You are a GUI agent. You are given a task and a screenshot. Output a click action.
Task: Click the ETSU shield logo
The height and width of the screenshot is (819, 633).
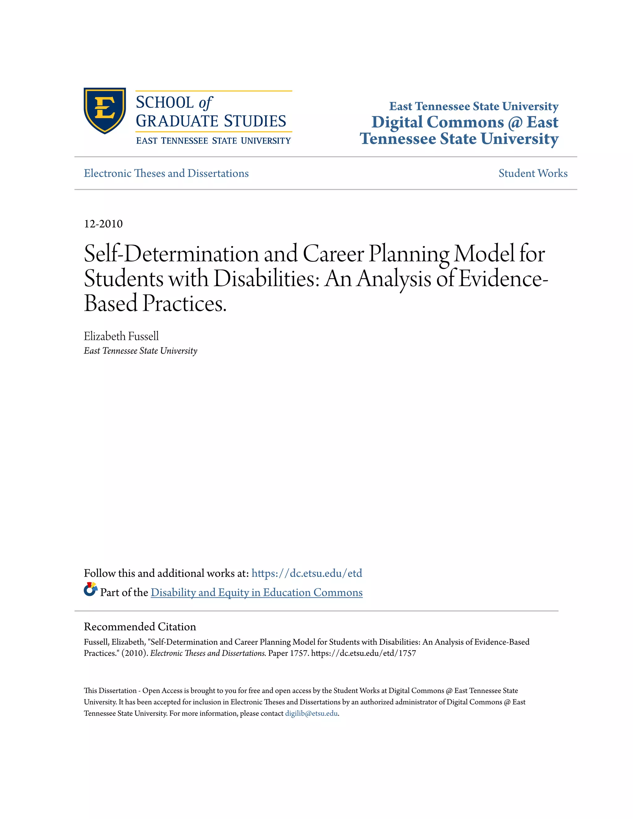[105, 110]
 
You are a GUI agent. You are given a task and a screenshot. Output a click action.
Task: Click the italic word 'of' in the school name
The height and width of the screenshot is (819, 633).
[206, 103]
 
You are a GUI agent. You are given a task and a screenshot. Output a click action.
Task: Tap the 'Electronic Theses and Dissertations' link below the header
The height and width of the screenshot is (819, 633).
[166, 173]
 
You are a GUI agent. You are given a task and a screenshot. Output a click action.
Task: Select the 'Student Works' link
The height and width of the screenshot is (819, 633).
[533, 173]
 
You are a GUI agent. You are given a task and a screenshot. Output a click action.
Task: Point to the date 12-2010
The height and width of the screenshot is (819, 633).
[103, 224]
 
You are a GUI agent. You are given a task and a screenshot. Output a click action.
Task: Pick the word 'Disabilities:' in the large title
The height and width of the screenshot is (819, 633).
[267, 279]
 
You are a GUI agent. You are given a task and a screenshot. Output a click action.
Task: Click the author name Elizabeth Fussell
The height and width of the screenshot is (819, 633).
[121, 336]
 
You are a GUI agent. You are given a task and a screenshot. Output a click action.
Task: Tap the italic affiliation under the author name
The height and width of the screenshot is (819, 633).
[140, 351]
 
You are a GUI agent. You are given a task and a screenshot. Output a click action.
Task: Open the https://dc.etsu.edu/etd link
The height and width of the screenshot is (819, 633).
[306, 573]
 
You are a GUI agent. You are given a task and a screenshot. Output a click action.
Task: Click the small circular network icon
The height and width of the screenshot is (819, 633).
[90, 589]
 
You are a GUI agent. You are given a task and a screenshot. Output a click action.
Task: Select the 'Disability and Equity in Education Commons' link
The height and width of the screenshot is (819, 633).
[257, 592]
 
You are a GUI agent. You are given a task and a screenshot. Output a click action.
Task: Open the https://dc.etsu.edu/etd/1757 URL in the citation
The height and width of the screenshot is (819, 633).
[363, 653]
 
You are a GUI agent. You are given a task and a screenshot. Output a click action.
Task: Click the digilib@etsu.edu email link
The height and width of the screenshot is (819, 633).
[311, 713]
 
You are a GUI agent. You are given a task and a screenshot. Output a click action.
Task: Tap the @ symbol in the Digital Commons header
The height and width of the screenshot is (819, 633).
[515, 123]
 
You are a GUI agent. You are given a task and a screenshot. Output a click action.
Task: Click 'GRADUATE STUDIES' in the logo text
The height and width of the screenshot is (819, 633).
[211, 121]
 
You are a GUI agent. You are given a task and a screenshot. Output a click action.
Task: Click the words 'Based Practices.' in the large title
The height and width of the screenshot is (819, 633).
[155, 303]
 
